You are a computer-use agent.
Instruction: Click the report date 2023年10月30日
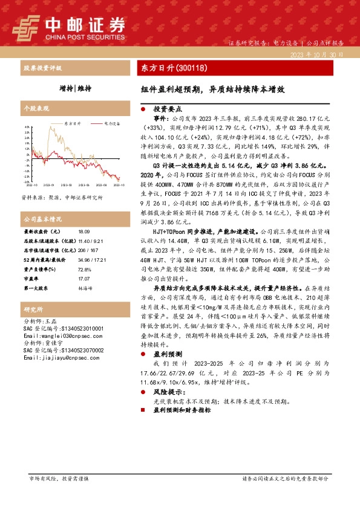(317, 54)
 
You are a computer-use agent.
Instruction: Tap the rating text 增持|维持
(76, 88)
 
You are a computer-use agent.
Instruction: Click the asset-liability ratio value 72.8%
(84, 270)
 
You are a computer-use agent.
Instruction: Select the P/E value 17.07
(83, 279)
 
